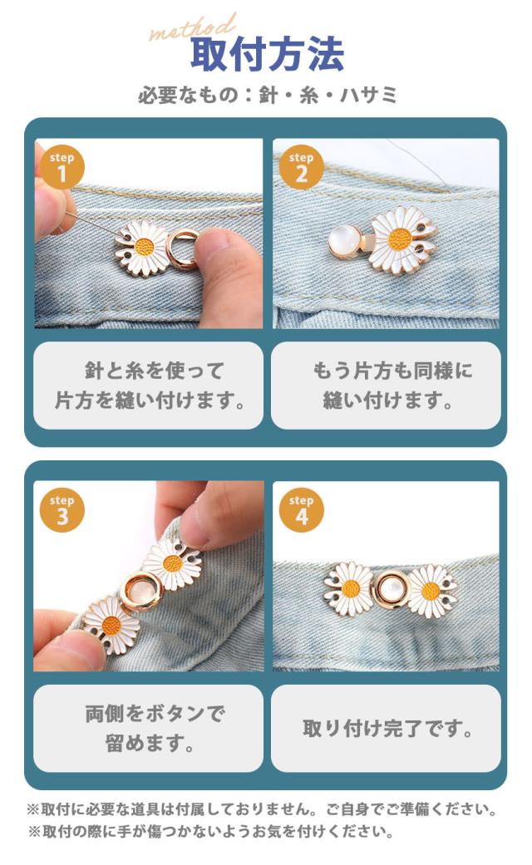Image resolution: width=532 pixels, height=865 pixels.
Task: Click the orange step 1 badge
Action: [62, 167]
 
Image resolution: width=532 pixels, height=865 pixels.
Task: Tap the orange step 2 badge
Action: [301, 167]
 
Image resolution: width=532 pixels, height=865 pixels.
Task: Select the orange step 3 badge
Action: [62, 510]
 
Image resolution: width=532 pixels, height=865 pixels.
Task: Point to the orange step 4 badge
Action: [301, 510]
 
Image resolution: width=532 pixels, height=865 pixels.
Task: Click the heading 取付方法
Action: [267, 54]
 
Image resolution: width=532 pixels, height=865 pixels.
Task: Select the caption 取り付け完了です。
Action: [387, 729]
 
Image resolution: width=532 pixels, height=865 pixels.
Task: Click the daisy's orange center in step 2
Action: [400, 238]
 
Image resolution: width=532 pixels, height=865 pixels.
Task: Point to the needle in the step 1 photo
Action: [93, 224]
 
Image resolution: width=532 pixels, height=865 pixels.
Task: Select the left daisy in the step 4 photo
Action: [348, 589]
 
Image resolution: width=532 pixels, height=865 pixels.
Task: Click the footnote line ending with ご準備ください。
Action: [262, 810]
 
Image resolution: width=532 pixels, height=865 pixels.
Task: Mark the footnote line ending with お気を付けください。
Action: [211, 831]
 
